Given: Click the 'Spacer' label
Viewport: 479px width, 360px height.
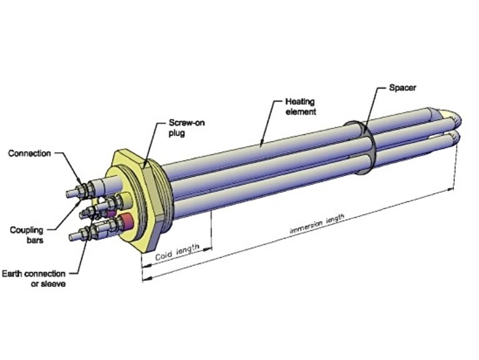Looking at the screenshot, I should [402, 87].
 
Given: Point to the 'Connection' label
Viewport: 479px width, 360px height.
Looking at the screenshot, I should [31, 153].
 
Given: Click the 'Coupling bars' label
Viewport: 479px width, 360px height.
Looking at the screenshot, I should [27, 235].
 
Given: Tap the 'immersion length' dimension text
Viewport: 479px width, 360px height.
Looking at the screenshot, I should [317, 223].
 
